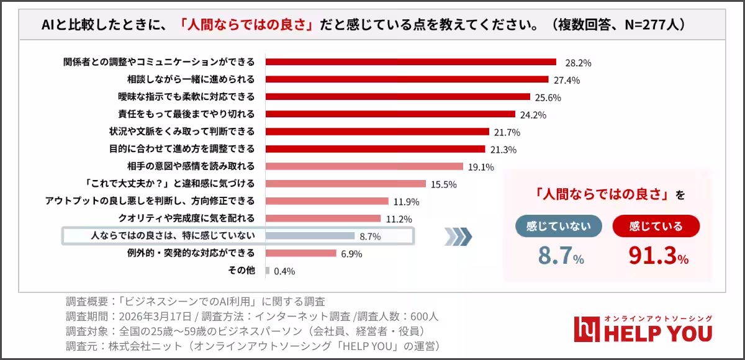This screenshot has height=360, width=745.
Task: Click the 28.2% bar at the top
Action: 410,62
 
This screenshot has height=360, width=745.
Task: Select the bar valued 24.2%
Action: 391,114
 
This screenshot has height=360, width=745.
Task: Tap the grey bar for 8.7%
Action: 310,236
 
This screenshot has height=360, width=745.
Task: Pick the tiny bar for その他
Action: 268,271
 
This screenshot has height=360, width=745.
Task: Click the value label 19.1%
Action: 481,167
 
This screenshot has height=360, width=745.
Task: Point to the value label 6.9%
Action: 351,254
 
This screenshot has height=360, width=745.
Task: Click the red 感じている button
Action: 656,226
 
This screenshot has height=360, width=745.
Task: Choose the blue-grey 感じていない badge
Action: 558,226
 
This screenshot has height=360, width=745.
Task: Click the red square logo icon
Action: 585,330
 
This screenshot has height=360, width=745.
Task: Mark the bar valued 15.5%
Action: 346,184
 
